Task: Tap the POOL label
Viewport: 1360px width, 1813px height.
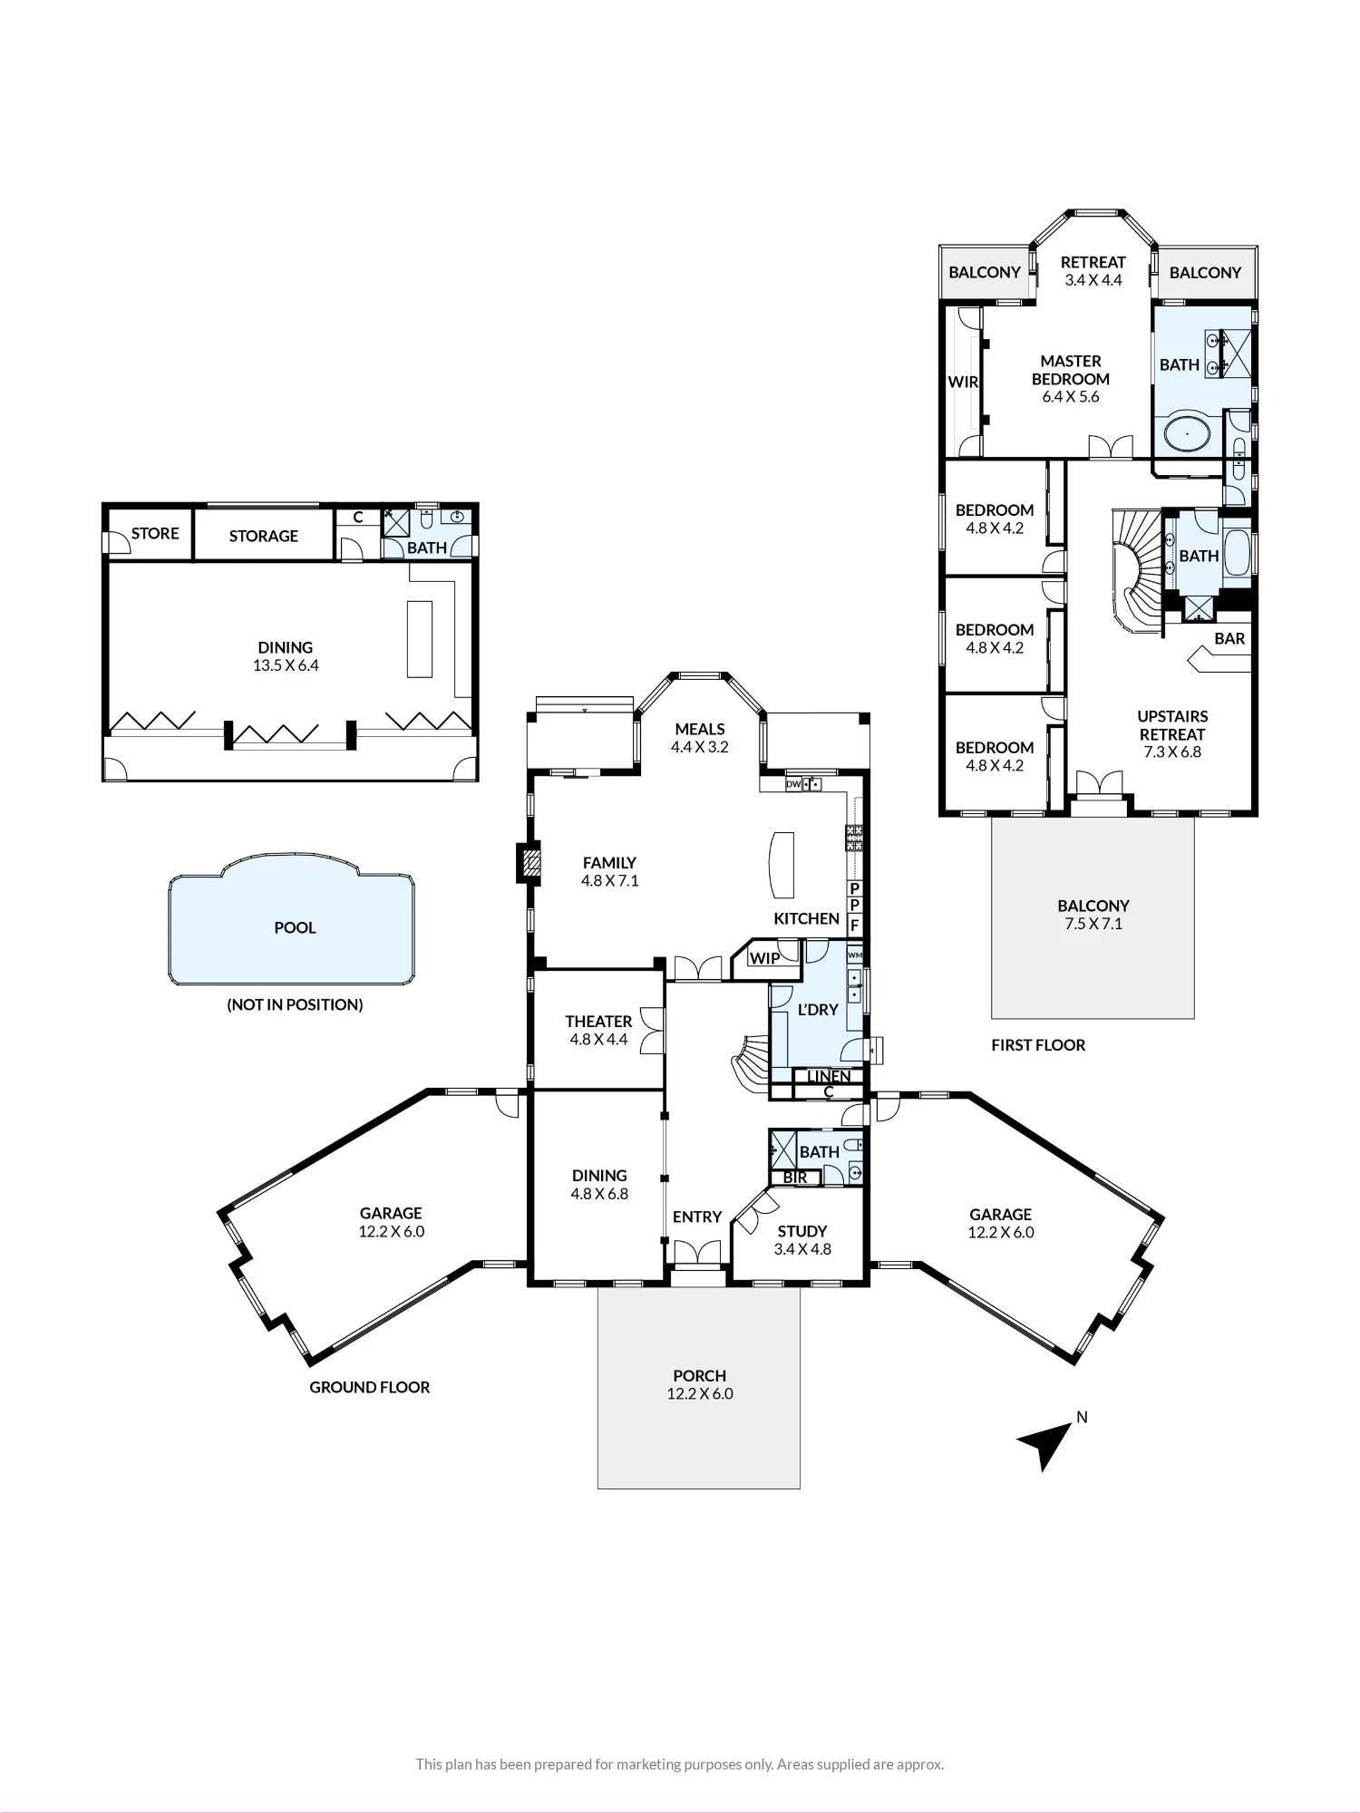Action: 295,927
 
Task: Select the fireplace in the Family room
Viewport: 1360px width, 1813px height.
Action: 529,863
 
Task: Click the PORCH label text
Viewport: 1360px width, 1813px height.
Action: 700,1375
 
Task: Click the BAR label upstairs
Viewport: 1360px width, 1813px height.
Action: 1229,638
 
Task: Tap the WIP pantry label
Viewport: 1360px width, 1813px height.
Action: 764,958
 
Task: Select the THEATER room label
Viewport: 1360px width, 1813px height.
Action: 598,1021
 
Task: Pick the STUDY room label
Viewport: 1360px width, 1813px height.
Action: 802,1231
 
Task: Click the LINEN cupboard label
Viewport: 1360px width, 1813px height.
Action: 829,1077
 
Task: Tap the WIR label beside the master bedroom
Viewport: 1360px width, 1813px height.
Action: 963,382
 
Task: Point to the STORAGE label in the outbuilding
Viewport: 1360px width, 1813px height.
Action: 264,536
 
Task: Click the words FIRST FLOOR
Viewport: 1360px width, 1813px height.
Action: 1038,1045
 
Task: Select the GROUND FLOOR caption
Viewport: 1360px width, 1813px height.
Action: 370,1387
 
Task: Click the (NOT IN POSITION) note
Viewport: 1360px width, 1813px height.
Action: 295,1004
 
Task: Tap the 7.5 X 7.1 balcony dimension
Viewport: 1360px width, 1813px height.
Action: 1093,924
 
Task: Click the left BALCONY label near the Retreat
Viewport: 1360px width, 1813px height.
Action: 985,272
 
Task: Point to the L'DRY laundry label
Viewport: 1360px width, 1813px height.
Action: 818,1010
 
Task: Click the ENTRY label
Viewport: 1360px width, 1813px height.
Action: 697,1217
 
